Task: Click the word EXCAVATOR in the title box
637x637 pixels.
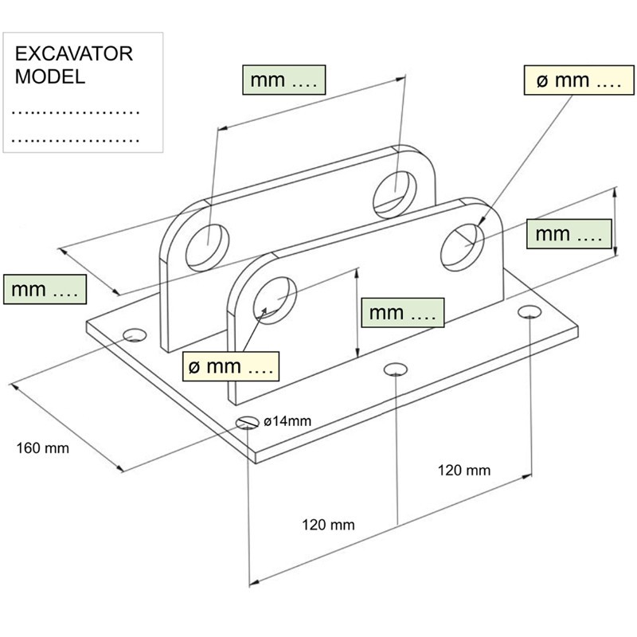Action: (75, 55)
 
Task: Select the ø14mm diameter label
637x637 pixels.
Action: (287, 420)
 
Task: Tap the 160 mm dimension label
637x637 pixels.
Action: (43, 448)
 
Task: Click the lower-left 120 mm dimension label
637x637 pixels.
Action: (328, 525)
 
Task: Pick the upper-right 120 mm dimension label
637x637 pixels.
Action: (464, 470)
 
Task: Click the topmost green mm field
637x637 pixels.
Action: (283, 80)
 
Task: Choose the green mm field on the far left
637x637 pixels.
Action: (45, 290)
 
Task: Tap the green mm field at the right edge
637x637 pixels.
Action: (568, 234)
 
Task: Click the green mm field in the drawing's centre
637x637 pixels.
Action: (403, 313)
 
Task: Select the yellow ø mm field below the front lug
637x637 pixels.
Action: (231, 367)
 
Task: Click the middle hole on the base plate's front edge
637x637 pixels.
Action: (395, 369)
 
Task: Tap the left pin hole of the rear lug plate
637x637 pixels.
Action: (207, 244)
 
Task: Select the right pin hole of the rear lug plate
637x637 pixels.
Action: (394, 189)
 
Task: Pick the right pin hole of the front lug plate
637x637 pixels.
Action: (463, 243)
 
